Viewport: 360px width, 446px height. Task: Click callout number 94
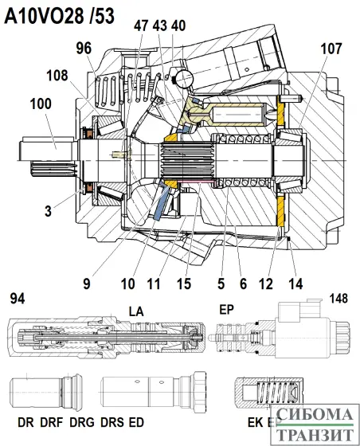pos(17,299)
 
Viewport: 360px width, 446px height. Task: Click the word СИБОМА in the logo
pos(315,416)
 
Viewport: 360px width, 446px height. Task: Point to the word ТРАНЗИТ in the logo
pos(315,434)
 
